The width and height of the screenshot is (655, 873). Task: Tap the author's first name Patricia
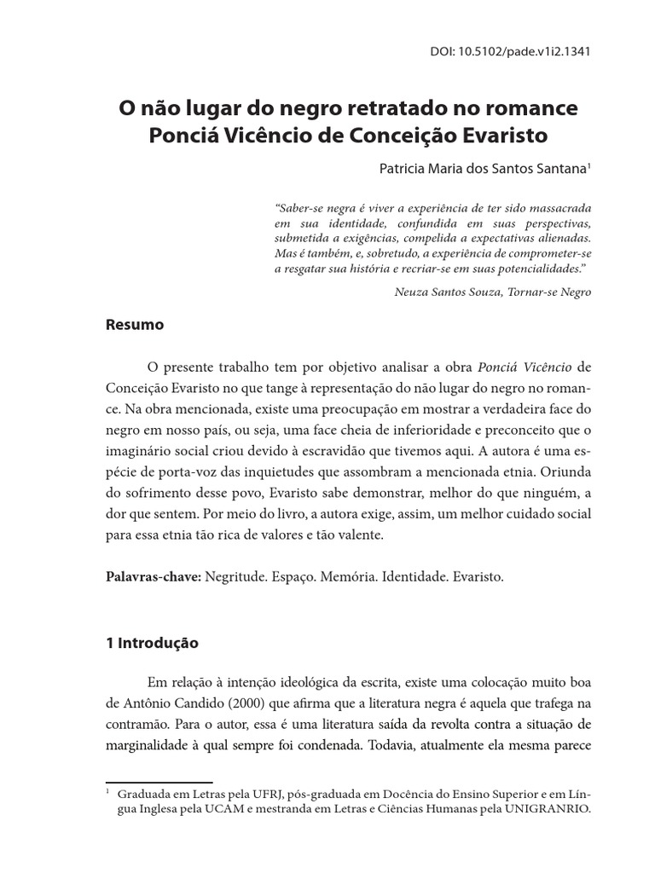(x=403, y=169)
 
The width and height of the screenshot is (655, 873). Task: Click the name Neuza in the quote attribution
(x=413, y=292)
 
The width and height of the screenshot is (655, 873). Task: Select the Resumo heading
(x=135, y=325)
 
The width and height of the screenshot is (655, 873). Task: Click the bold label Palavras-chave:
(x=154, y=576)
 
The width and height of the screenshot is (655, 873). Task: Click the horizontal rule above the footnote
(x=159, y=782)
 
